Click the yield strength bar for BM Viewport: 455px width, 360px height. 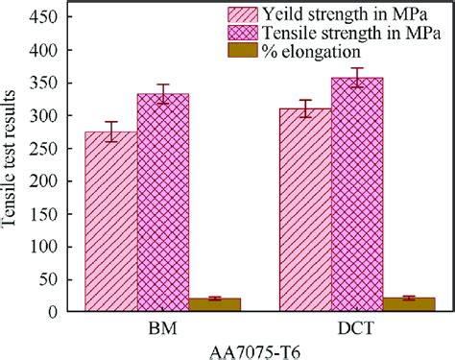pos(111,222)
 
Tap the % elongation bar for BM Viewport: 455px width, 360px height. pos(214,304)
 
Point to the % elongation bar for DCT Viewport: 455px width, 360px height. pos(408,304)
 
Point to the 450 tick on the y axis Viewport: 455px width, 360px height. pos(43,17)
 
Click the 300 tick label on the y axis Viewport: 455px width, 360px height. pos(43,115)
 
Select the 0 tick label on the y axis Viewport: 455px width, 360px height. pos(52,311)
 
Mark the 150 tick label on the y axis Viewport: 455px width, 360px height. pos(43,213)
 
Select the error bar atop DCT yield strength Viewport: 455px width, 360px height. pos(304,108)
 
